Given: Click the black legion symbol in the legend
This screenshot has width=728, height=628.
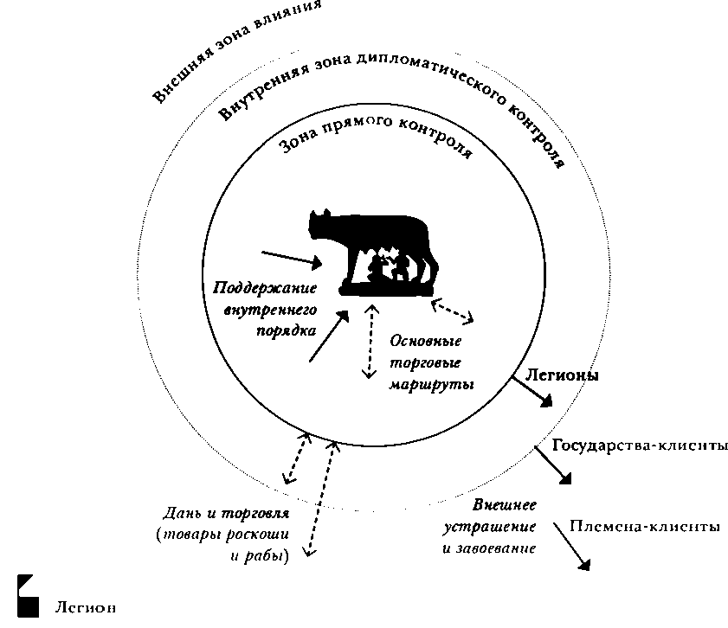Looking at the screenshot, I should pyautogui.click(x=28, y=596).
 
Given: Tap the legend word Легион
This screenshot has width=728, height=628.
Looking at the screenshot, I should pyautogui.click(x=85, y=606).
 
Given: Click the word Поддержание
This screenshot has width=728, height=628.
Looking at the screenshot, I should pyautogui.click(x=265, y=288).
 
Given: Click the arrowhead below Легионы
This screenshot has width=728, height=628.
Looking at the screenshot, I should pyautogui.click(x=546, y=401).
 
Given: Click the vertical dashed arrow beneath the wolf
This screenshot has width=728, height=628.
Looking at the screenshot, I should pyautogui.click(x=368, y=342).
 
